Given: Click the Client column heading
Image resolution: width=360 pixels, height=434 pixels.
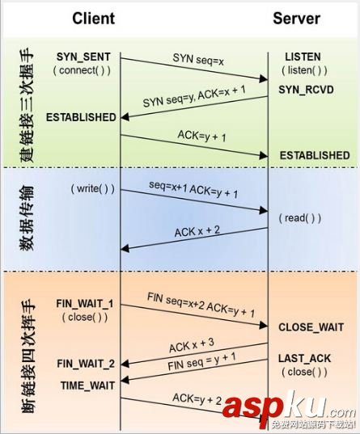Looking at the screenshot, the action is coord(93,19).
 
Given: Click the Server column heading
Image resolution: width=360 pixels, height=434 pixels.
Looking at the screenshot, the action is coord(297,19).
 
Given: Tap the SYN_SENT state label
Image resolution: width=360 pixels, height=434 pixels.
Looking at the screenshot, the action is coord(83,57).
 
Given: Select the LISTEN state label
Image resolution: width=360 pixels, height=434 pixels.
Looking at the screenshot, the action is coord(303,57).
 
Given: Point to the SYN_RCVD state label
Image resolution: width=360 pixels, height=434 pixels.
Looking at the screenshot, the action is coord(306,90).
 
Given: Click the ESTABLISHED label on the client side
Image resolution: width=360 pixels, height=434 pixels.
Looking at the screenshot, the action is coord(81,117).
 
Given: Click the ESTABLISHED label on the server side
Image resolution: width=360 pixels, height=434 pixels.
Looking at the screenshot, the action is coord(315,155).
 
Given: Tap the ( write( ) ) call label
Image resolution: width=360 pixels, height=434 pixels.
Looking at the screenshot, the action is coord(92,189).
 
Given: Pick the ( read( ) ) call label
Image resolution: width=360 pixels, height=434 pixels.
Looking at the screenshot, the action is coord(300,218).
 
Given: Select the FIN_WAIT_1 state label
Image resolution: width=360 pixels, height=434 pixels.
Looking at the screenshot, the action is coord(85,304).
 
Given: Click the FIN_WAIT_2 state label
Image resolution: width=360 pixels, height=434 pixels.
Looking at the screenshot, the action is coord(86,364).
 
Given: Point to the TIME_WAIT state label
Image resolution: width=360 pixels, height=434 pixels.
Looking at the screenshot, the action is coord(87,386).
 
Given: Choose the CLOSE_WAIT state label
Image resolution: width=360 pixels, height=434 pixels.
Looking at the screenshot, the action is coord(311,327).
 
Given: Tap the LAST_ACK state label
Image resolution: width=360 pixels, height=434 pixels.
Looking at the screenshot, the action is coord(304,359).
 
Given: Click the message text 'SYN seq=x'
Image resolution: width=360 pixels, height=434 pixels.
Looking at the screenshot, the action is coord(198,60).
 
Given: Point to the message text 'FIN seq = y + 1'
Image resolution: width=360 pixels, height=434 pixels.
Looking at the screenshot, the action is coord(201,361).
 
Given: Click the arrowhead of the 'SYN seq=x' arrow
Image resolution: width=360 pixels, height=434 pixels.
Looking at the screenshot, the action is coord(264,79).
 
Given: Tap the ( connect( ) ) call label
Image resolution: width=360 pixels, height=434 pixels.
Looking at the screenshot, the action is coord(82,70).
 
